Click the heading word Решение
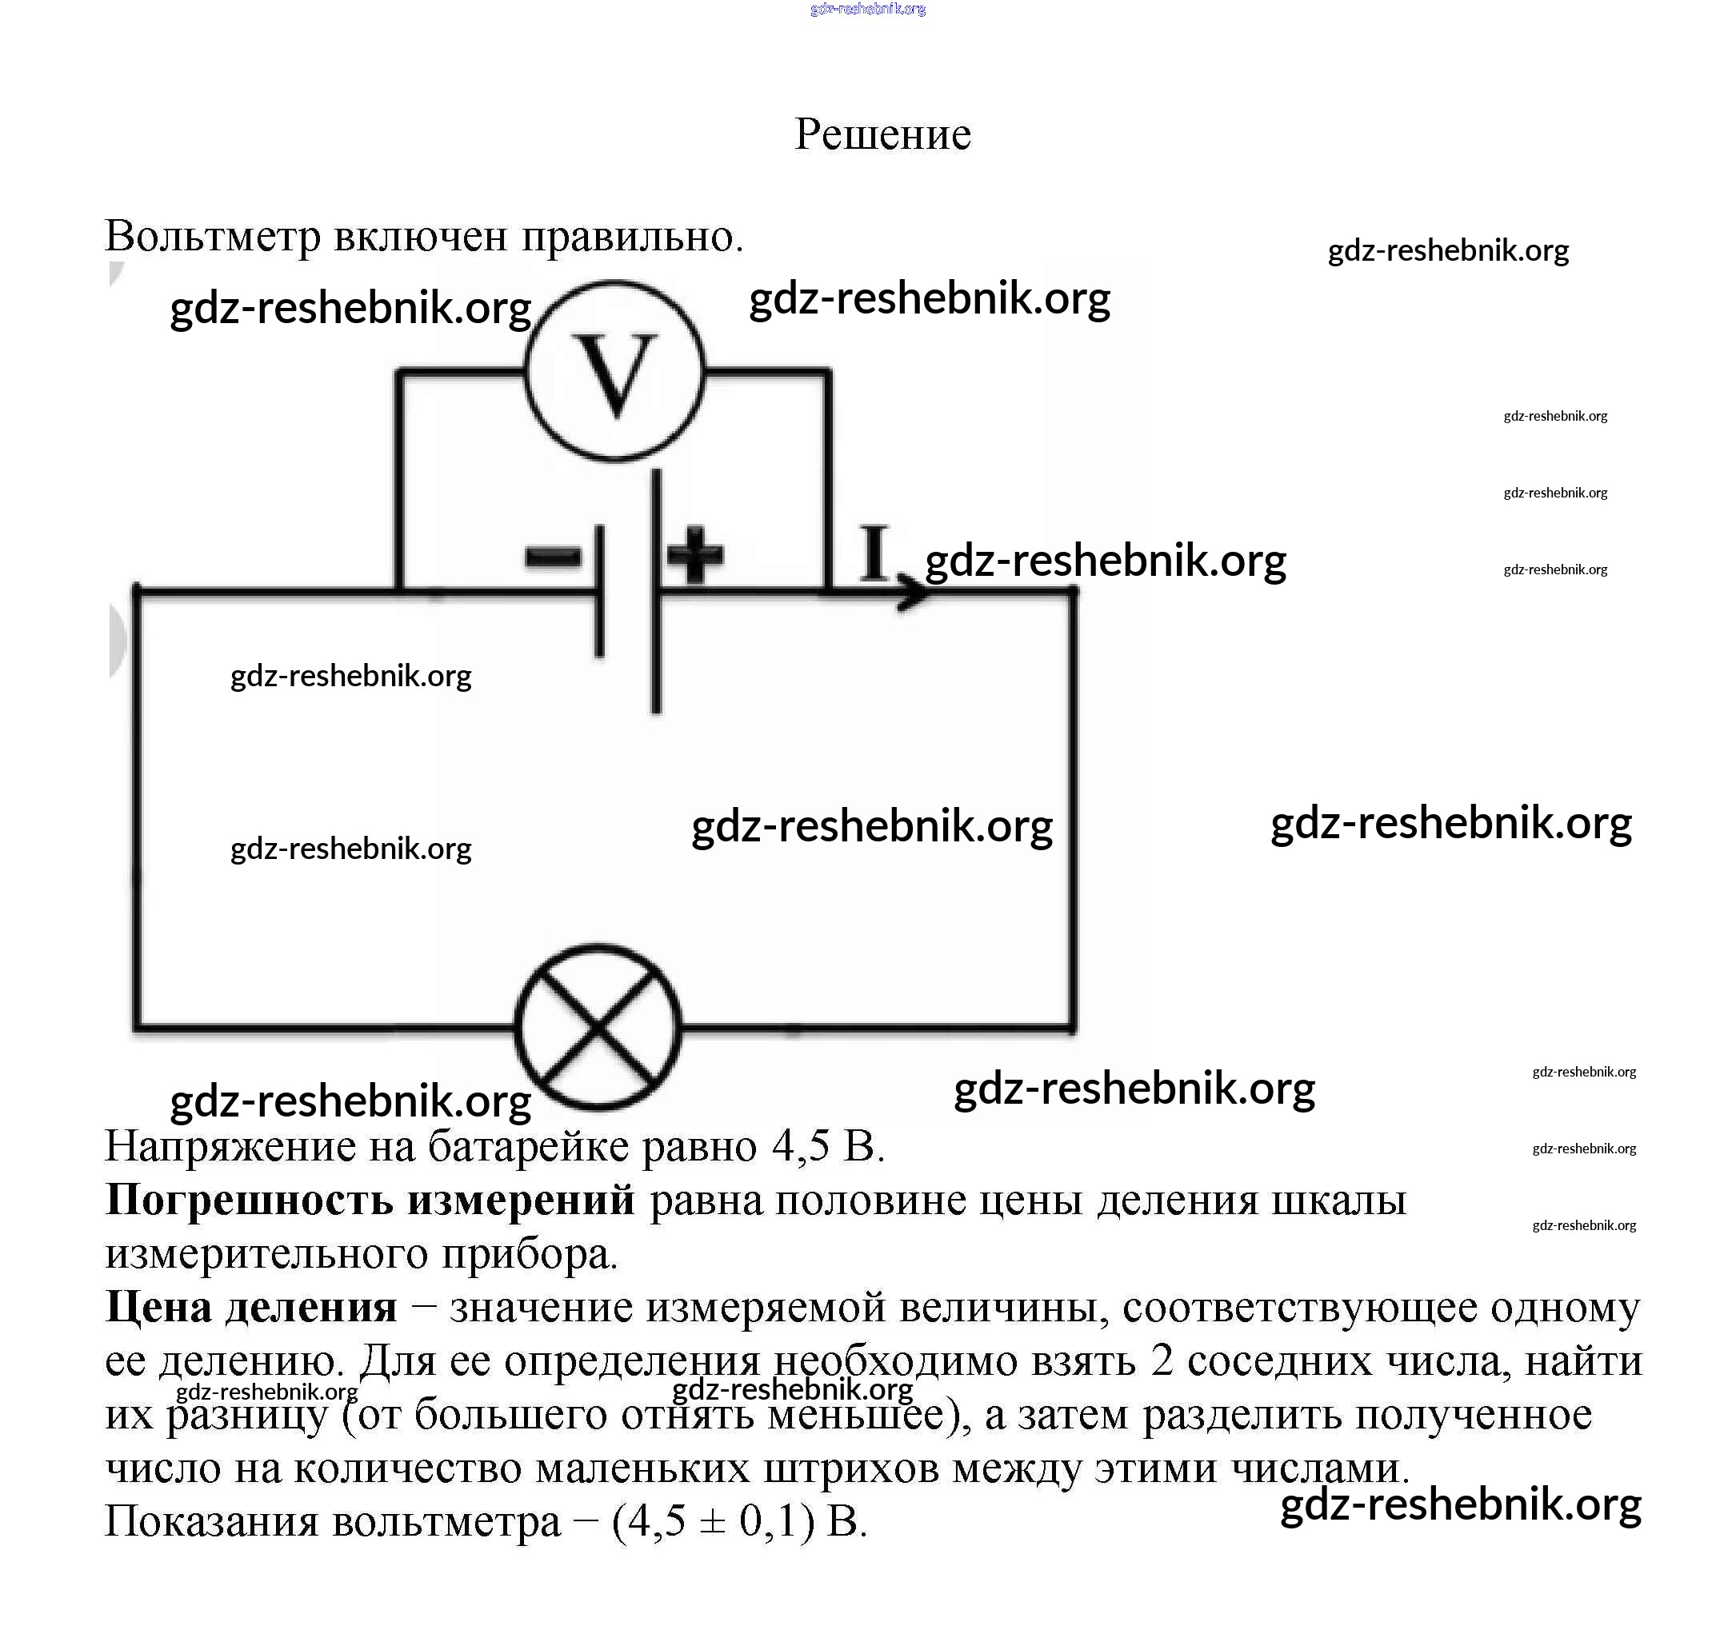pyautogui.click(x=882, y=134)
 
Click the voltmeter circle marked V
pyautogui.click(x=614, y=371)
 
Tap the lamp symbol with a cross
pyautogui.click(x=598, y=1027)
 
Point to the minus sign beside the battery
pyautogui.click(x=552, y=556)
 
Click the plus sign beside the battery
pyautogui.click(x=695, y=553)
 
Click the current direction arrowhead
pyautogui.click(x=915, y=593)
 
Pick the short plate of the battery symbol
pyautogui.click(x=599, y=591)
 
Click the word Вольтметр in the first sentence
pyautogui.click(x=213, y=237)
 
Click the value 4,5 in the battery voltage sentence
pyautogui.click(x=800, y=1146)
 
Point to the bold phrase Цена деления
pyautogui.click(x=250, y=1307)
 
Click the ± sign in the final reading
pyautogui.click(x=713, y=1522)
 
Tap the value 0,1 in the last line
pyautogui.click(x=770, y=1522)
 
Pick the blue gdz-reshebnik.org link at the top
pyautogui.click(x=867, y=10)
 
